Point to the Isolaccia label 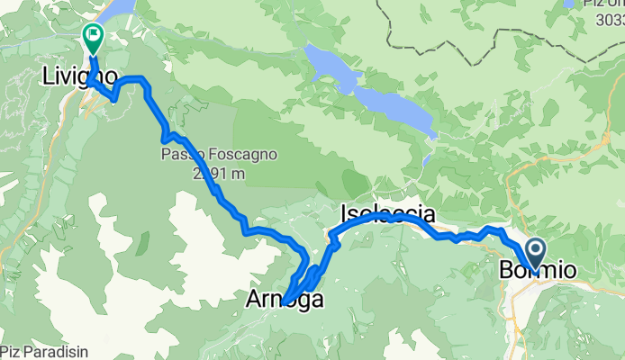(x=388, y=214)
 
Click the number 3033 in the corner (x=612, y=20)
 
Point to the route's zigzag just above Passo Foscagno (x=168, y=137)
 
